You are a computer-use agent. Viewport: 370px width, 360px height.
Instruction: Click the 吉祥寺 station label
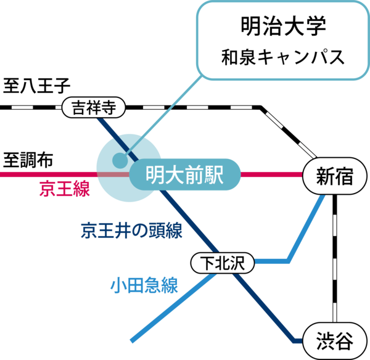94,108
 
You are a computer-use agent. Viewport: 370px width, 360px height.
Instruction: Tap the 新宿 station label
334,176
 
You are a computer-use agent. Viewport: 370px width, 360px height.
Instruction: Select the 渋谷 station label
334,340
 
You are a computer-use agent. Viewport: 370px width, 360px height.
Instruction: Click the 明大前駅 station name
184,175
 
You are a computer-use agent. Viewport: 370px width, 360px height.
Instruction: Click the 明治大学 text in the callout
282,28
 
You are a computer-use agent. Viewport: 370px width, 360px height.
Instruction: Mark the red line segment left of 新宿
271,175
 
